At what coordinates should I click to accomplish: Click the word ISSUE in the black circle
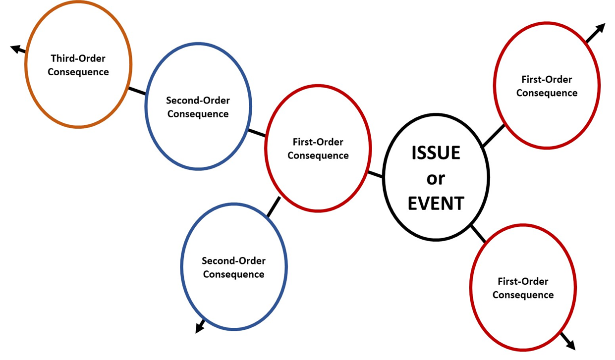[436, 153]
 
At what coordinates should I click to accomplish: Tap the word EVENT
[436, 203]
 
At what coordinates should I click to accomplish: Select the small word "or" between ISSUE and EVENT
[436, 178]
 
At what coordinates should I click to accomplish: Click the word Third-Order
[78, 58]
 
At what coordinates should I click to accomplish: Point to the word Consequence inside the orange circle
[78, 72]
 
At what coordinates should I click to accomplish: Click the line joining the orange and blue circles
[137, 91]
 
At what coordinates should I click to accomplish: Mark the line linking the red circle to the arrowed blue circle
[273, 207]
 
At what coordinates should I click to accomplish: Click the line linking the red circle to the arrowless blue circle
[256, 133]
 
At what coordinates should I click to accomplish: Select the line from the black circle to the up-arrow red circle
[493, 136]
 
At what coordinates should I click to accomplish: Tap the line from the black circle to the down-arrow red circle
[478, 234]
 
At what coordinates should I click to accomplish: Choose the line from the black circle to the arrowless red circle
[375, 174]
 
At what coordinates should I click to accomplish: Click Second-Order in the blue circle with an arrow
[233, 260]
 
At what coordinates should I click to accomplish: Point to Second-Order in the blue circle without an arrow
[198, 101]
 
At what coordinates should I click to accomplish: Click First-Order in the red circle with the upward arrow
[547, 79]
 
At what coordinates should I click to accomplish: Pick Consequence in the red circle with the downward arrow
[523, 295]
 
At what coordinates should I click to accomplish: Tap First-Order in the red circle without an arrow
[318, 142]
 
